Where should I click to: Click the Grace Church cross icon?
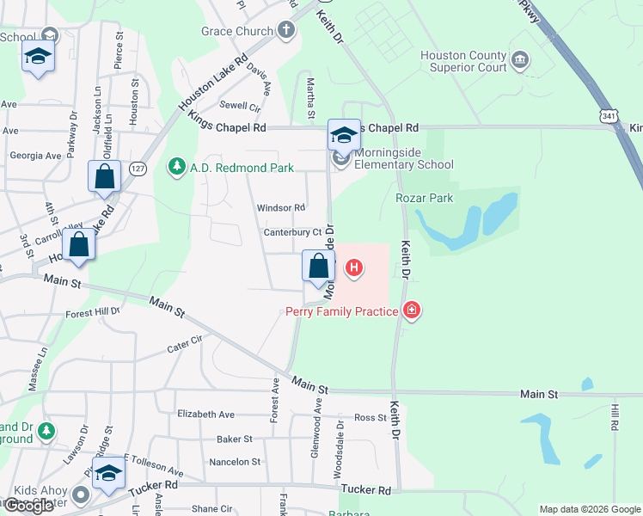286,31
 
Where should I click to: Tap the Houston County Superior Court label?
463,61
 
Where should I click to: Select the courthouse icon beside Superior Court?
520,59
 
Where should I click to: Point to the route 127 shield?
137,169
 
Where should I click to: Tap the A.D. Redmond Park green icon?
177,165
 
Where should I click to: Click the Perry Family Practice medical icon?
412,310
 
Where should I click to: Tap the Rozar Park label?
424,198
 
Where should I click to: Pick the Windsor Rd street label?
281,208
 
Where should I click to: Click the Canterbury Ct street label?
292,232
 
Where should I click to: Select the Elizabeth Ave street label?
206,414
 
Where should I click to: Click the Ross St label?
370,417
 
